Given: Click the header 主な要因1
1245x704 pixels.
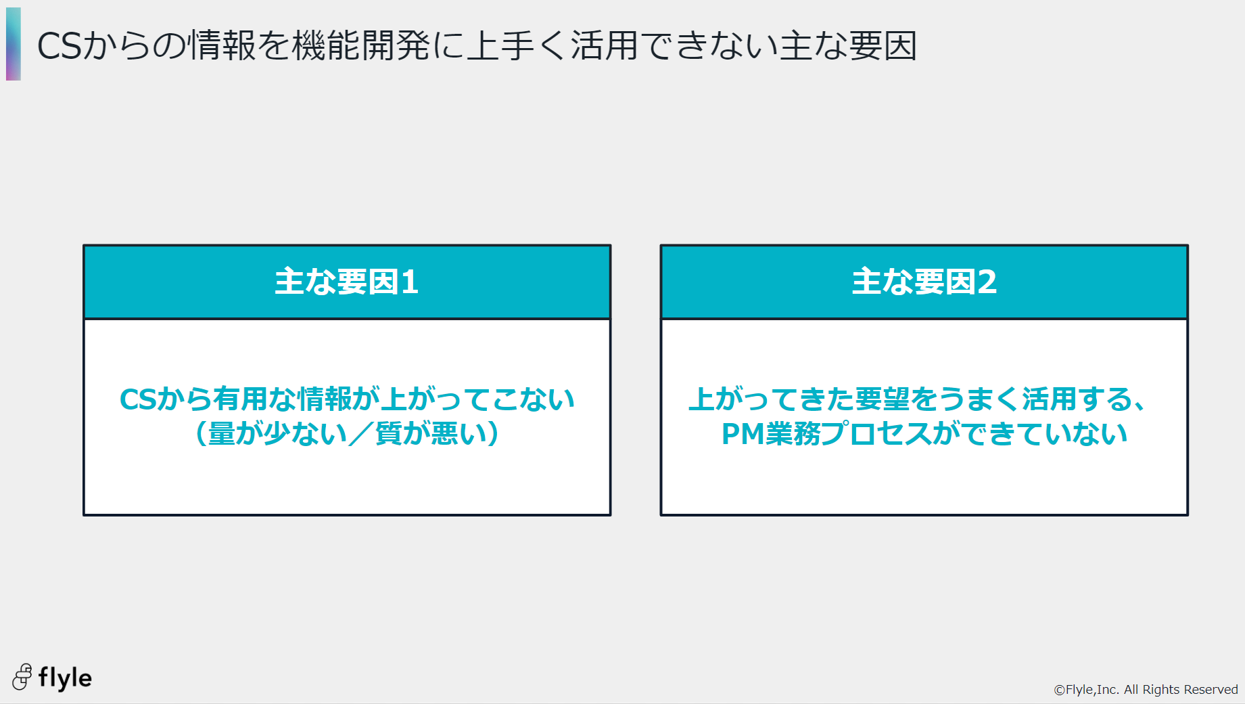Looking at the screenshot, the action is pyautogui.click(x=346, y=282).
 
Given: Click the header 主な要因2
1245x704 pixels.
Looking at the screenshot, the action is pyautogui.click(x=924, y=282).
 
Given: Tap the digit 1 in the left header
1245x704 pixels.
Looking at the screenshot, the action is pyautogui.click(x=410, y=282).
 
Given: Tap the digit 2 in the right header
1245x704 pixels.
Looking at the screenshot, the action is pyautogui.click(x=987, y=282).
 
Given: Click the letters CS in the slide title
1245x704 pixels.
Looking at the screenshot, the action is pyautogui.click(x=60, y=46).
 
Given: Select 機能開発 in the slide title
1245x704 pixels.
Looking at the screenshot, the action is pyautogui.click(x=361, y=46).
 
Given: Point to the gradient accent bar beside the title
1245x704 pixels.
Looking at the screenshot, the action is pyautogui.click(x=14, y=44).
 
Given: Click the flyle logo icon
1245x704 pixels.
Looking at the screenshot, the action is pyautogui.click(x=22, y=677).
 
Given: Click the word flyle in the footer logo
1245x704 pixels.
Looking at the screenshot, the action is pyautogui.click(x=65, y=678).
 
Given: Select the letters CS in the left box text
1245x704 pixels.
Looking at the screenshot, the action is pyautogui.click(x=138, y=399).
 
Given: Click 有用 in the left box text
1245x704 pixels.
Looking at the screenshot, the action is pyautogui.click(x=240, y=399).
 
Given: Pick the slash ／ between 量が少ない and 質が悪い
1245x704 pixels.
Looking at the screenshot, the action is pyautogui.click(x=361, y=433).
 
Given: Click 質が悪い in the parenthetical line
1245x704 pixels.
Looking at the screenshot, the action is pyautogui.click(x=430, y=433).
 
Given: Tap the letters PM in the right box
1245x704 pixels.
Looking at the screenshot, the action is pyautogui.click(x=743, y=434).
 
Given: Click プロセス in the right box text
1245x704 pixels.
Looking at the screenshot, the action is pyautogui.click(x=876, y=434).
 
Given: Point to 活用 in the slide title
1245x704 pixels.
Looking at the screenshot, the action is pyautogui.click(x=604, y=46).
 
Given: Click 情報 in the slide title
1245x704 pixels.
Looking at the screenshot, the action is pyautogui.click(x=222, y=46).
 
